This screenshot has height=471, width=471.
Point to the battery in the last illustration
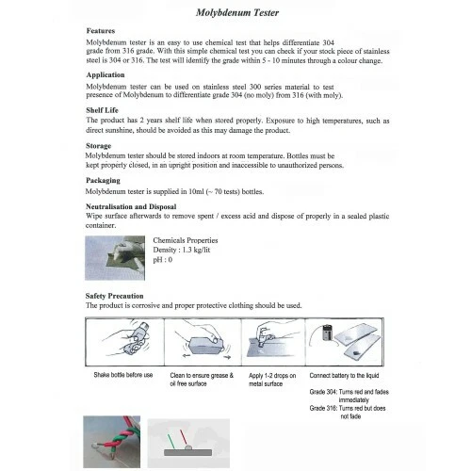click(327, 332)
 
